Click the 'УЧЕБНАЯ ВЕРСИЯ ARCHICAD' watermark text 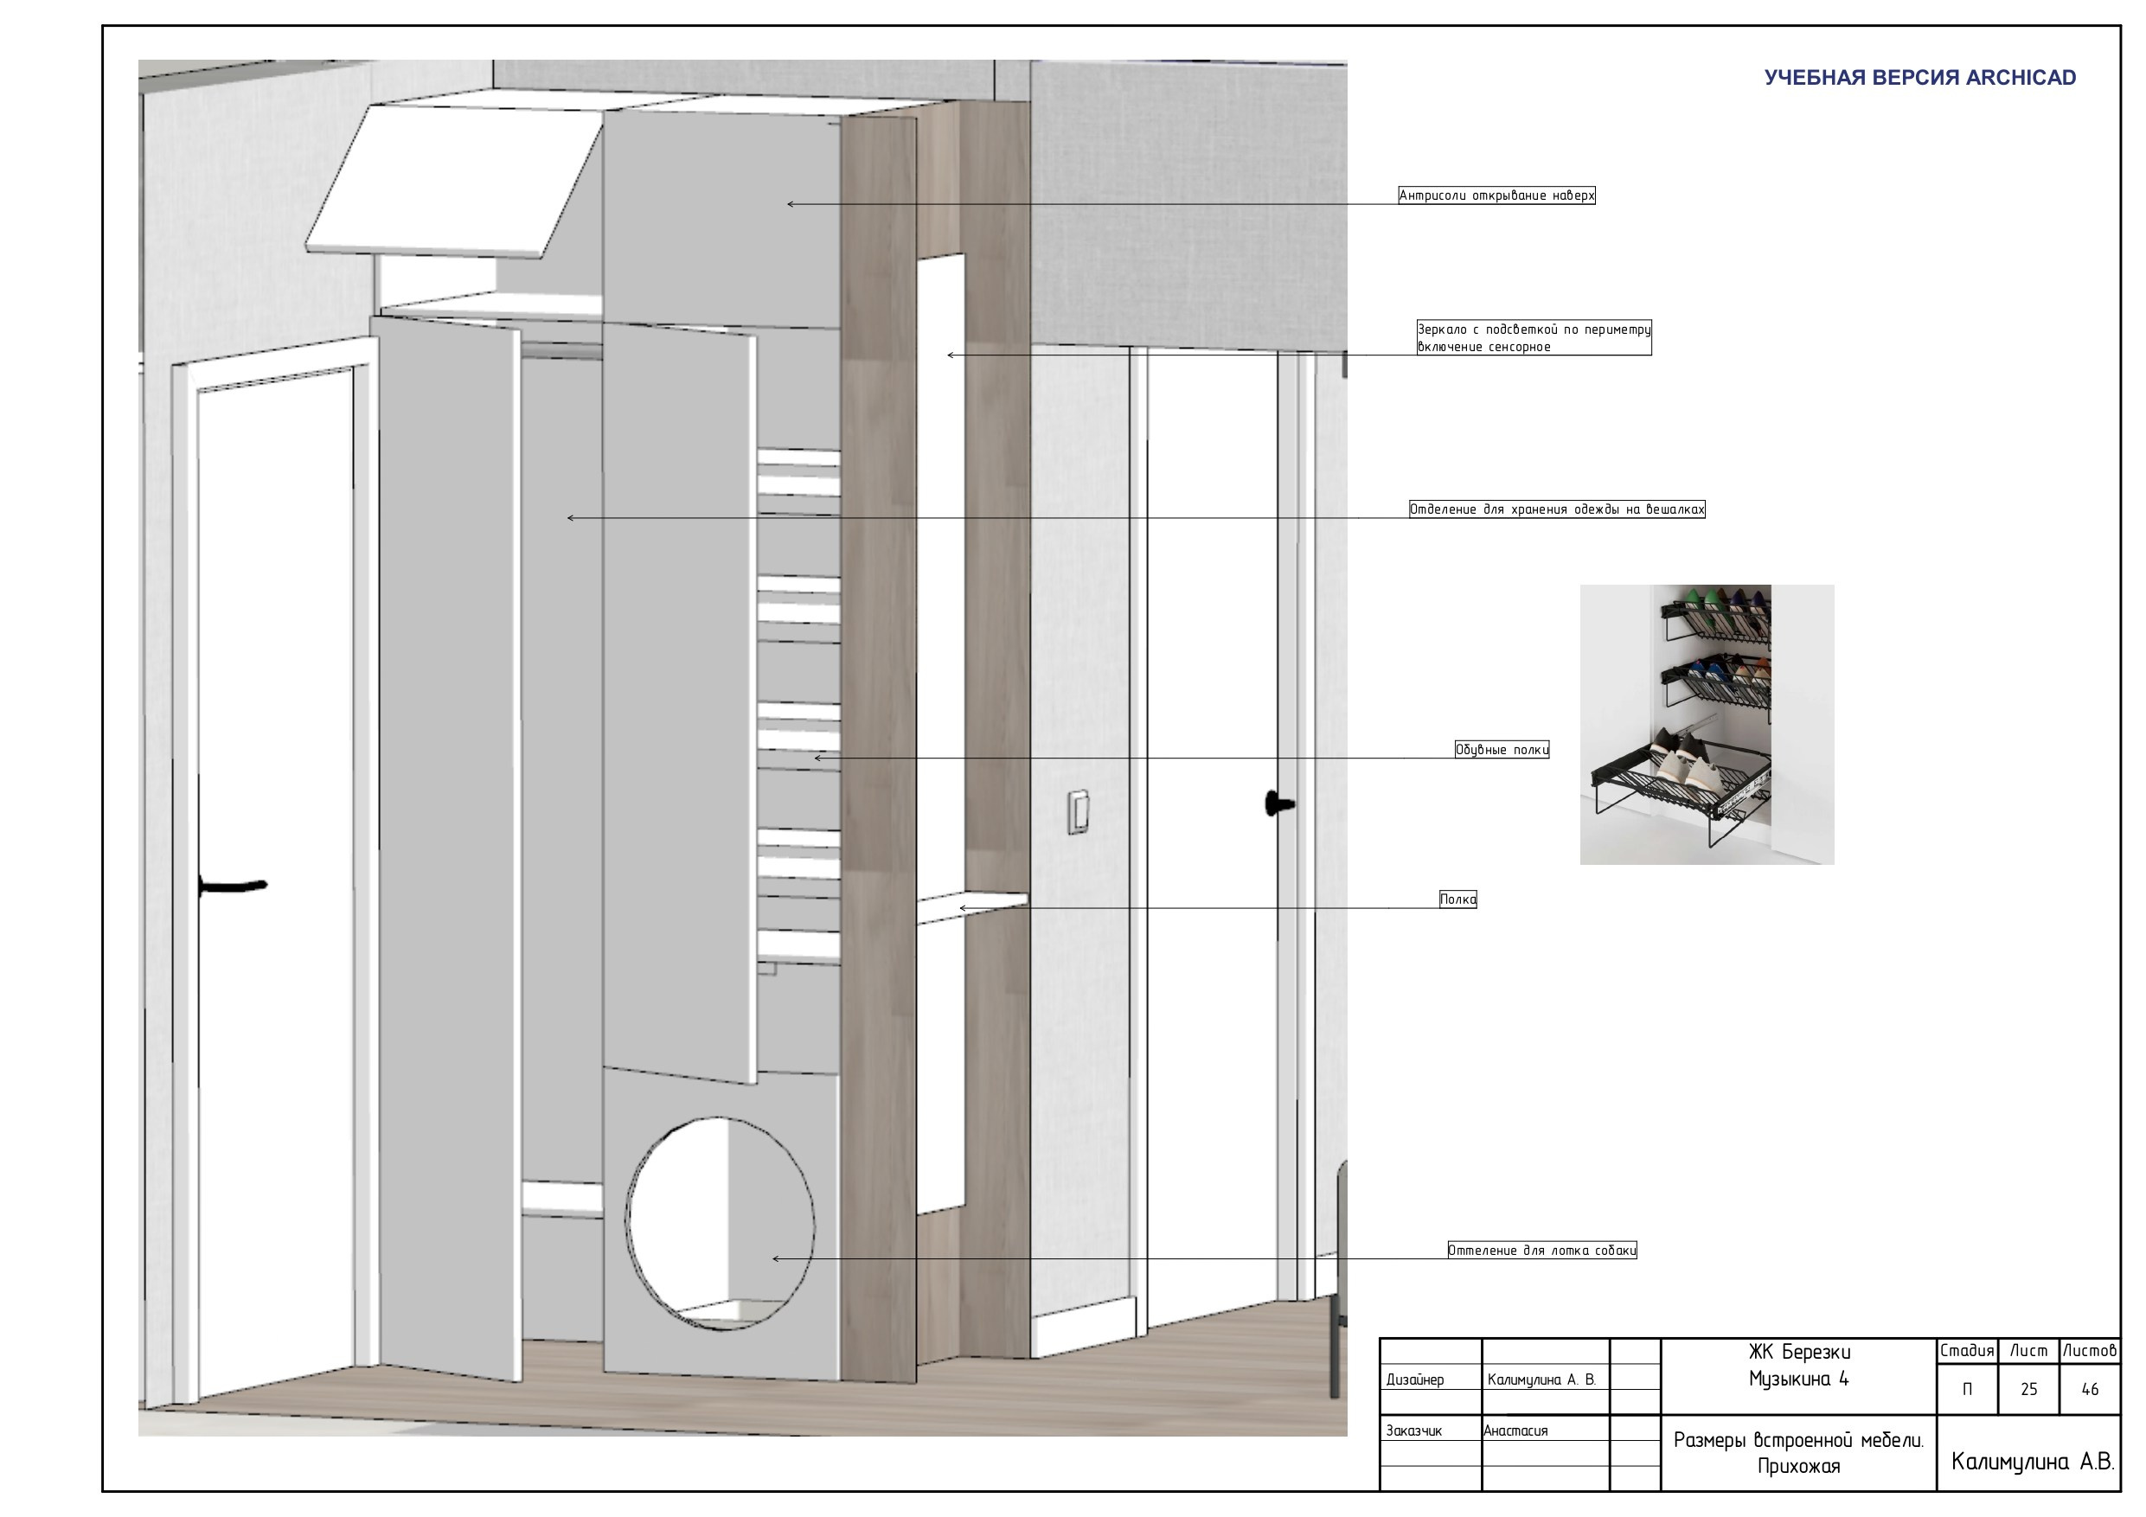(1920, 78)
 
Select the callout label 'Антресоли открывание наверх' (1496, 195)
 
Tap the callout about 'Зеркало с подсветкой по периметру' (1534, 337)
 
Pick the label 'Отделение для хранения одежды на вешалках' (1557, 509)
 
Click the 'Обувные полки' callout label (1502, 750)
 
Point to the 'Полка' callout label (1458, 899)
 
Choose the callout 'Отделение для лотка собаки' (1542, 1250)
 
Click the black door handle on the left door (233, 885)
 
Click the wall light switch (1079, 811)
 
